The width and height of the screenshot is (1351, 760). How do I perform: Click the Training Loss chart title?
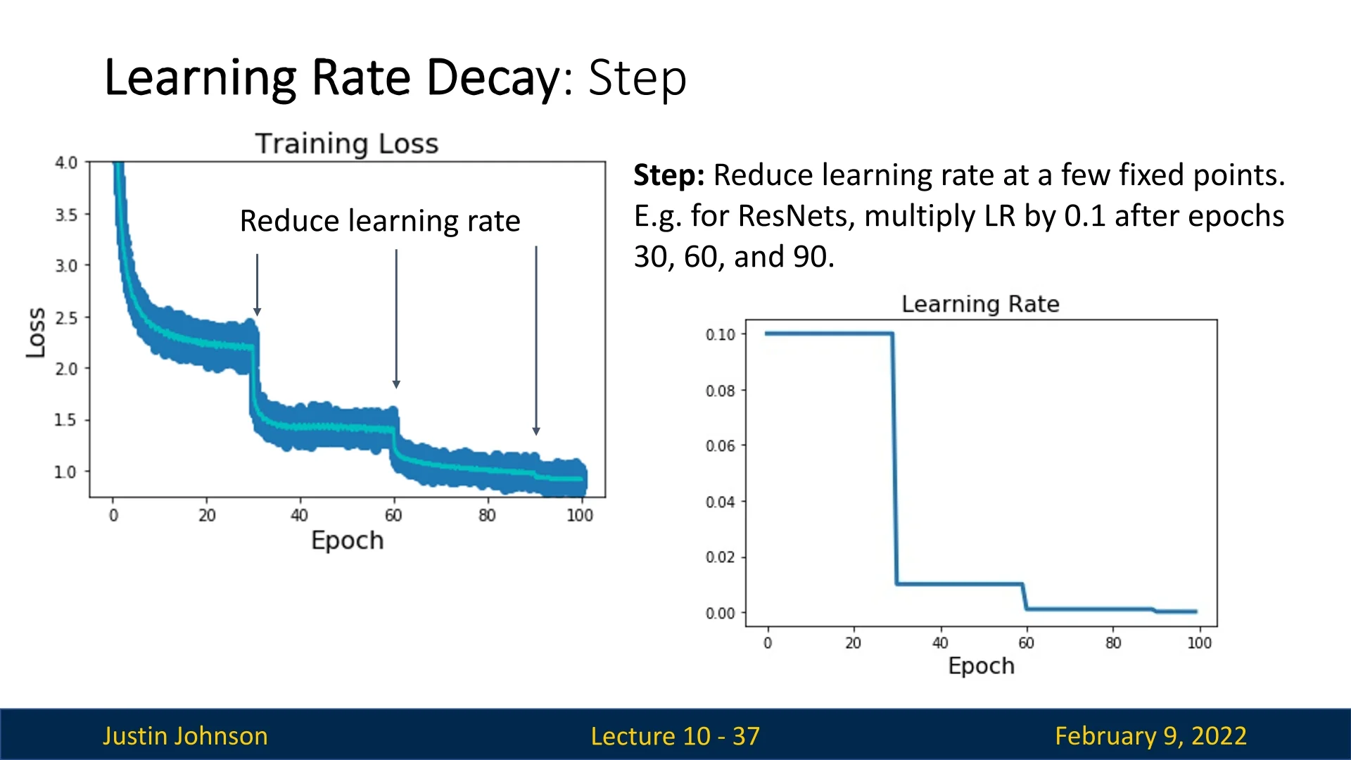tap(347, 144)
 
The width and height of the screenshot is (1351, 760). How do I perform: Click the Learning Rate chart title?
tap(980, 304)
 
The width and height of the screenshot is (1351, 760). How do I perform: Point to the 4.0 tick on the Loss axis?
tap(66, 163)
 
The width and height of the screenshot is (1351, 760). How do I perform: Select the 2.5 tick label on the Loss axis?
tap(66, 318)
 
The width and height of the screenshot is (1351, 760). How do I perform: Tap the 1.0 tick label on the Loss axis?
tap(66, 472)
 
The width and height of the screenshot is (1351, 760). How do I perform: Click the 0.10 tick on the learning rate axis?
tap(721, 334)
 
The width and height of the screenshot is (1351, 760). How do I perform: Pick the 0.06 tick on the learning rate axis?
tap(721, 445)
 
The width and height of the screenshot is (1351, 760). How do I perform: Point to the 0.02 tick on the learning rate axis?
tap(721, 557)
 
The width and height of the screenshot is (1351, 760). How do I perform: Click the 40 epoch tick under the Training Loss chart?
tap(300, 516)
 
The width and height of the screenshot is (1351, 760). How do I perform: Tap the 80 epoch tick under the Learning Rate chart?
tap(1113, 643)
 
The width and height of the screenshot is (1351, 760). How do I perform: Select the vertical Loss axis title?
tap(36, 332)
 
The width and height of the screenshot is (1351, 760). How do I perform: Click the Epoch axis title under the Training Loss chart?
tap(348, 540)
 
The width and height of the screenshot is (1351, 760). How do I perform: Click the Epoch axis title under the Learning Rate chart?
tap(981, 666)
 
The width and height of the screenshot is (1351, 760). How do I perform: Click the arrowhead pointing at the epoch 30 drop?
tap(258, 312)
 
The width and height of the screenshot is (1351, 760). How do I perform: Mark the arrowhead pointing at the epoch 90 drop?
tap(536, 431)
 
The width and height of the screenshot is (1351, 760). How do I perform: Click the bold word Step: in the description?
tap(668, 175)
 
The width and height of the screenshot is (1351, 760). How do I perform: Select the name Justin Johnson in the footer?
tap(185, 736)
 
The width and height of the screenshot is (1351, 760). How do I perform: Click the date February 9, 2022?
tap(1150, 736)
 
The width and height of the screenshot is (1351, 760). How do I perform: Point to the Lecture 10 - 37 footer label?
tap(675, 736)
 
